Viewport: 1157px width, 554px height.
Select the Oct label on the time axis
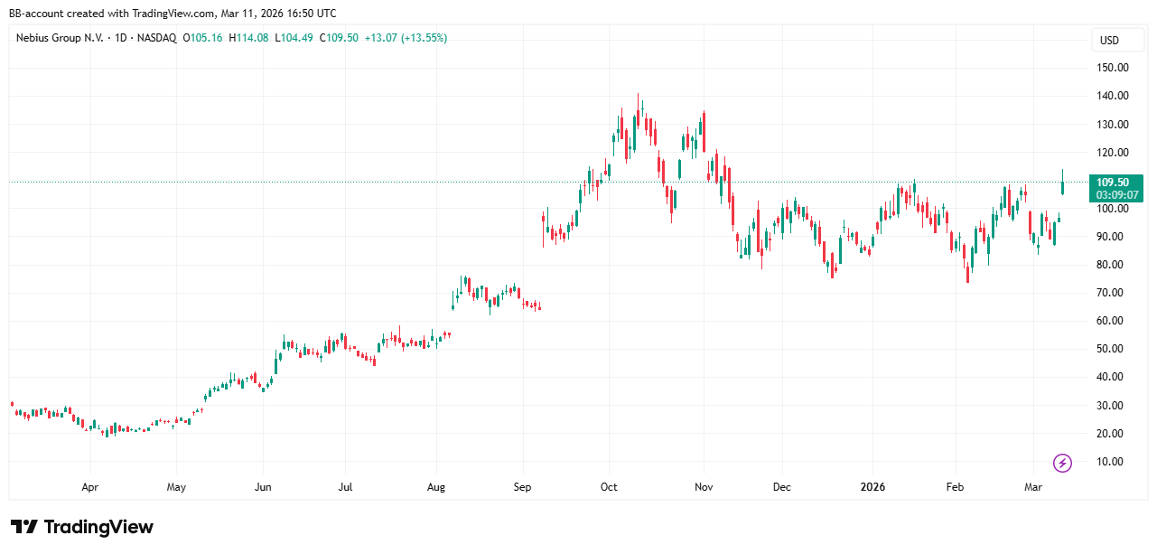[609, 487]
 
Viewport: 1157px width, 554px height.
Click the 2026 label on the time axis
[872, 487]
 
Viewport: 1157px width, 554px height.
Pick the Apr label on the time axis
[89, 487]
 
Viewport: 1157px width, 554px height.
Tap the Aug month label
[436, 487]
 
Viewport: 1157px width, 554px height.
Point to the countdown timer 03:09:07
[1117, 194]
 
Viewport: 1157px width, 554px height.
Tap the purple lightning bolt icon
[1063, 463]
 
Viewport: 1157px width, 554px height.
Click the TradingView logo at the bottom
[82, 527]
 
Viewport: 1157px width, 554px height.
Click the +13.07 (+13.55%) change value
[405, 38]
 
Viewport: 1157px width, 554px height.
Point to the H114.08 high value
[249, 38]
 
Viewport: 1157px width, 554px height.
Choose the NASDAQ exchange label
[157, 38]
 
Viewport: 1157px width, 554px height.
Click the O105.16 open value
[204, 38]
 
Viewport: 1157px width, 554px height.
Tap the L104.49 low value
[294, 38]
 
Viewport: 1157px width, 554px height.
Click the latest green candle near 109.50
[1063, 184]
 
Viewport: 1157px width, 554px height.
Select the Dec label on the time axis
[782, 487]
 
